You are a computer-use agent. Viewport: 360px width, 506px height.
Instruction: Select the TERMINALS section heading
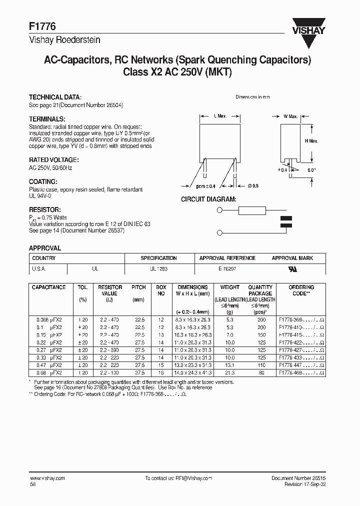pyautogui.click(x=47, y=119)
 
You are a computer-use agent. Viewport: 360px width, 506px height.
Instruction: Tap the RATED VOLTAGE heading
pyautogui.click(x=53, y=160)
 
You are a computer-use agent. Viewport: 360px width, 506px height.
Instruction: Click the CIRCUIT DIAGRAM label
pyautogui.click(x=208, y=199)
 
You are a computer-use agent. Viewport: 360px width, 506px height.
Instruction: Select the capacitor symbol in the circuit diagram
pyautogui.click(x=286, y=222)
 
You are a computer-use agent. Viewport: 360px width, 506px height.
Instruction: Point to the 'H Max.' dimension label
pyautogui.click(x=311, y=141)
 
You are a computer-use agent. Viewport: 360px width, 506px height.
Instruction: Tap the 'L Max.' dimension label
pyautogui.click(x=220, y=116)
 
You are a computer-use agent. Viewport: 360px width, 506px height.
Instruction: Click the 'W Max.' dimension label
pyautogui.click(x=290, y=116)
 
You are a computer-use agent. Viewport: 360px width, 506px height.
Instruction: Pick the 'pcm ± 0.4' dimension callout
pyautogui.click(x=205, y=186)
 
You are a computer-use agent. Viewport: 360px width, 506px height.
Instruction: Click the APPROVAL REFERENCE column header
pyautogui.click(x=227, y=258)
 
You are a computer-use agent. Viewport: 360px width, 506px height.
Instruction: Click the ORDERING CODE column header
pyautogui.click(x=301, y=290)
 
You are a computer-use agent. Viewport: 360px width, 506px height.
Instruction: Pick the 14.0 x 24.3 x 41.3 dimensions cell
pyautogui.click(x=192, y=372)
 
